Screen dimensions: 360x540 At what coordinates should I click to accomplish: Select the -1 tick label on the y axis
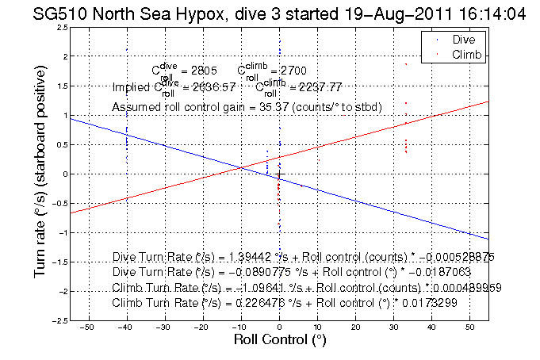(x=62, y=232)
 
